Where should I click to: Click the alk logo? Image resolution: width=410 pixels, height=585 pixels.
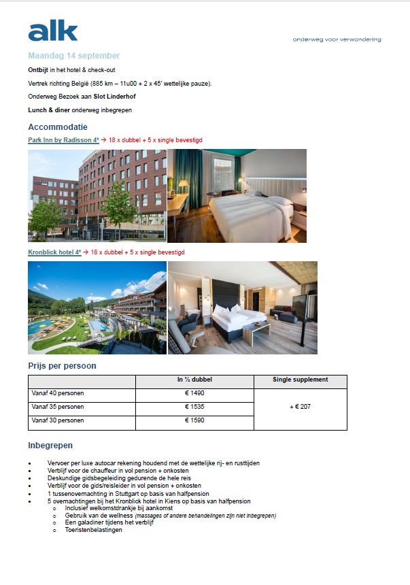click(x=53, y=31)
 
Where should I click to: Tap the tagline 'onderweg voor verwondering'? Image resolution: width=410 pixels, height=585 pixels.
click(x=337, y=39)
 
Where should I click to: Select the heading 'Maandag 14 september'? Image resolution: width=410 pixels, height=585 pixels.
click(x=73, y=56)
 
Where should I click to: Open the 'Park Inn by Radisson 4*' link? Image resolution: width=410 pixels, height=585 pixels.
click(x=63, y=139)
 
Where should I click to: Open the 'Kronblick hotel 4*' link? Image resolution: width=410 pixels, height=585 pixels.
click(x=54, y=252)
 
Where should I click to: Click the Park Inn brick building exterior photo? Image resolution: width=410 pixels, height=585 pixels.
click(x=97, y=195)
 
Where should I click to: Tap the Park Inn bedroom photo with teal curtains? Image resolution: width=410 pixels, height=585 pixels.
click(x=237, y=195)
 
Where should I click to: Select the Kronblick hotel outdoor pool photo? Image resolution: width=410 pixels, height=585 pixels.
click(x=97, y=307)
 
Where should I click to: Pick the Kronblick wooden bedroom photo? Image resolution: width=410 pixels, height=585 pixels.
click(x=242, y=307)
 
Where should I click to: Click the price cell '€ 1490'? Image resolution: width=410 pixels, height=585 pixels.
click(x=194, y=394)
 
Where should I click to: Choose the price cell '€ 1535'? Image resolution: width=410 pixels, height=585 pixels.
click(x=194, y=407)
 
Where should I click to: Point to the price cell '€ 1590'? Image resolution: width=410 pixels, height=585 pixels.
click(x=194, y=420)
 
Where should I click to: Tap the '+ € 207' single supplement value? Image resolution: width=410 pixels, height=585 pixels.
click(x=300, y=407)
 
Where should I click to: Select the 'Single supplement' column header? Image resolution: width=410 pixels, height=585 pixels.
click(x=300, y=380)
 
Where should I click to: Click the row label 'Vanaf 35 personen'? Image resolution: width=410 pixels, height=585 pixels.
click(x=58, y=407)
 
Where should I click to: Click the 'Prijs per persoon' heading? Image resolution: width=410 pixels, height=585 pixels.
click(x=62, y=365)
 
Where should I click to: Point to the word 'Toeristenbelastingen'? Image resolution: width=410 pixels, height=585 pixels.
click(x=94, y=530)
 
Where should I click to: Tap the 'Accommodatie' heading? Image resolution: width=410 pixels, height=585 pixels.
click(x=58, y=127)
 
